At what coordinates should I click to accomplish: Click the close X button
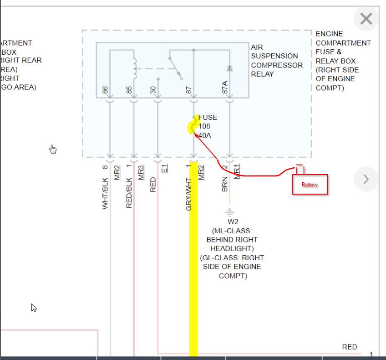pyautogui.click(x=366, y=19)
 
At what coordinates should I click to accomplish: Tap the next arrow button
pyautogui.click(x=366, y=179)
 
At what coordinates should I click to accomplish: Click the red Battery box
pyautogui.click(x=310, y=185)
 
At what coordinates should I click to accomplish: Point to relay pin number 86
pyautogui.click(x=106, y=90)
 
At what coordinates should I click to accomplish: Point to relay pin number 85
pyautogui.click(x=130, y=90)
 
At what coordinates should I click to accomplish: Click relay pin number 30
pyautogui.click(x=153, y=90)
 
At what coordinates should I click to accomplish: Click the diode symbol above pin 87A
pyautogui.click(x=229, y=68)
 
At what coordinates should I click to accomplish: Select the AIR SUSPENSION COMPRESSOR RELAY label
pyautogui.click(x=276, y=61)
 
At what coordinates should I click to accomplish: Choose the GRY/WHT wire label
pyautogui.click(x=189, y=192)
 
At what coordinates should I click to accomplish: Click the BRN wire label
pyautogui.click(x=225, y=184)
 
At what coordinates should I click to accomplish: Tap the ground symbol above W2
pyautogui.click(x=229, y=212)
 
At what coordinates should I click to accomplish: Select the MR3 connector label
pyautogui.click(x=141, y=171)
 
